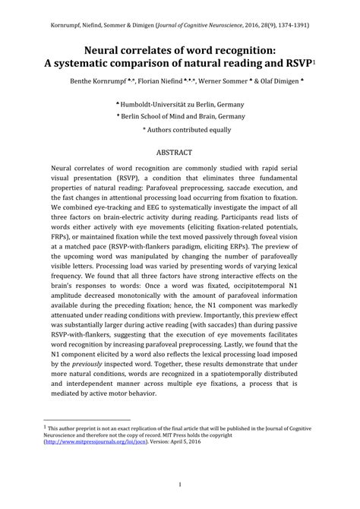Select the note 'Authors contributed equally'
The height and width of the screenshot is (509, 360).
[186, 130]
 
